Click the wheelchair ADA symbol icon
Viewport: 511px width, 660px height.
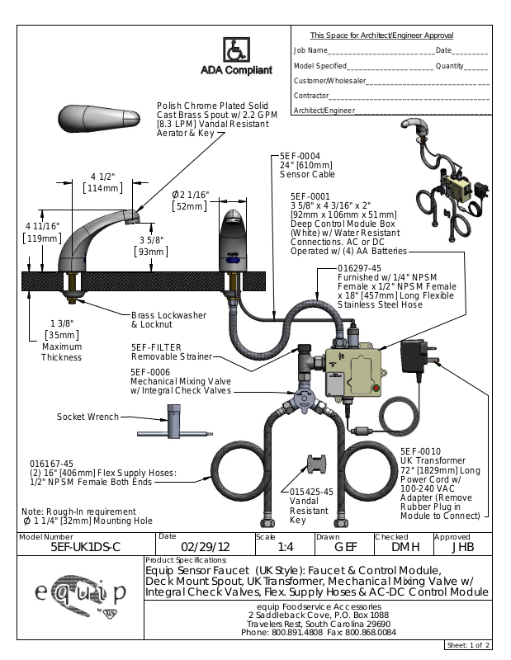235,49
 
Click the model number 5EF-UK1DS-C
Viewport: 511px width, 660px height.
86,547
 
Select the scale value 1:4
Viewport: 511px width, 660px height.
286,547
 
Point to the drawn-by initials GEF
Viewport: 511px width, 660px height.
344,547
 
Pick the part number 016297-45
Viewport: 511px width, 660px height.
359,268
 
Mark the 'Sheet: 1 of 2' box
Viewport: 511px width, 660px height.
468,644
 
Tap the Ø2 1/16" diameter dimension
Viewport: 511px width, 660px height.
190,195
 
